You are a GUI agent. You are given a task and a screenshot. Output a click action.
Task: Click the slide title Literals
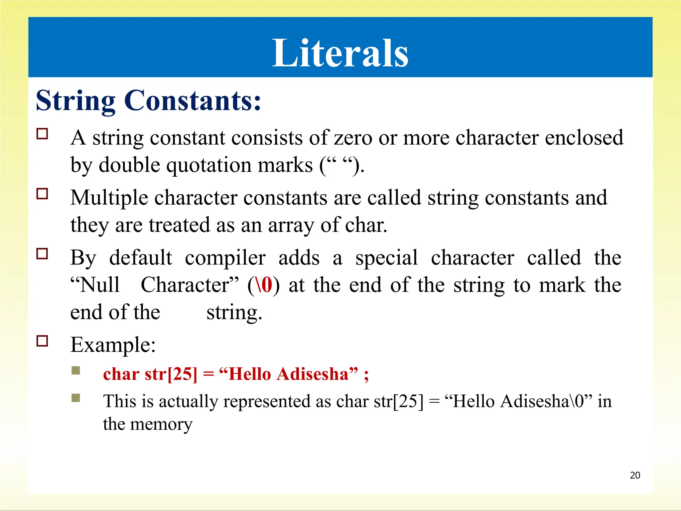340,53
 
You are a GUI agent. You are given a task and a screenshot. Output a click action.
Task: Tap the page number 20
635,475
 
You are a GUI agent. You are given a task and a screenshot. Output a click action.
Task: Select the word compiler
225,258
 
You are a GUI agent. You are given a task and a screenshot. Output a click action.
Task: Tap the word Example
112,345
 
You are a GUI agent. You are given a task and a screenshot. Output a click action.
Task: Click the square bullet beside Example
42,341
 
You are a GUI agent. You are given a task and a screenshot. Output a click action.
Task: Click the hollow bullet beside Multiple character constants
42,194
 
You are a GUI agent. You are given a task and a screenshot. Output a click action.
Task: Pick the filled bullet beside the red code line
76,371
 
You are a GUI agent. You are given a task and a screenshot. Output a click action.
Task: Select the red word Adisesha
313,374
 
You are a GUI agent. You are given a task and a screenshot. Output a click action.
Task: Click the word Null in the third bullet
100,285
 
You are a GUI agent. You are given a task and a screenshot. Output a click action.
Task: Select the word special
386,258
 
